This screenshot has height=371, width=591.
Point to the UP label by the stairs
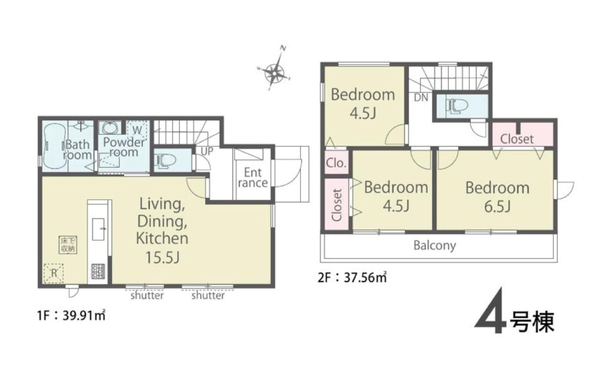tap(207, 151)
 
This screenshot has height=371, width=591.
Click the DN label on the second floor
tap(421, 98)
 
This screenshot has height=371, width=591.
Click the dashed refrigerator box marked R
tap(53, 273)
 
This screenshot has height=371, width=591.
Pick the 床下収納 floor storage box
tap(68, 244)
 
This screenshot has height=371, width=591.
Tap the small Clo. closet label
tap(336, 163)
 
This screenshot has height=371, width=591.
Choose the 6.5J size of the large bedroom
tap(498, 207)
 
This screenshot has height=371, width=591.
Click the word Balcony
tap(435, 246)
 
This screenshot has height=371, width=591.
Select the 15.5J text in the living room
tap(162, 257)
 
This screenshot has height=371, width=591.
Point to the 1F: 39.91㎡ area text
tap(72, 315)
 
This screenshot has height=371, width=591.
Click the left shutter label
tap(147, 295)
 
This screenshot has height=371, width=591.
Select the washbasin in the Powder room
tap(110, 128)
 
